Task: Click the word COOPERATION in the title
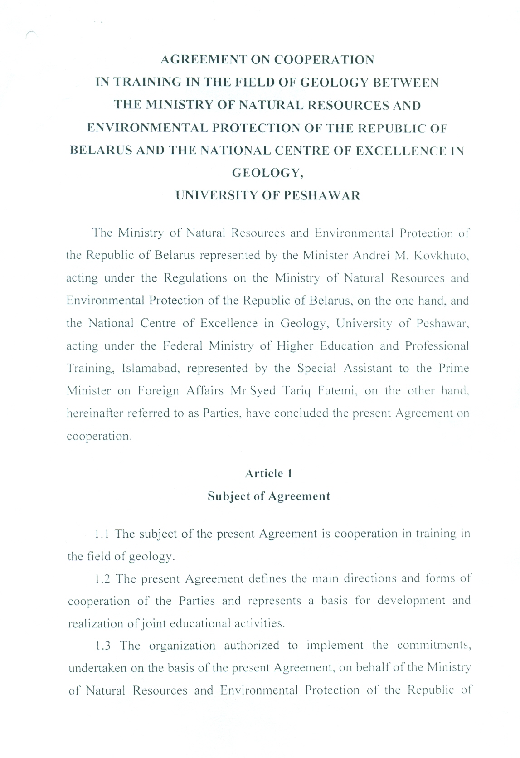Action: (324, 60)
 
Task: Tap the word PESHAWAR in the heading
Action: (322, 196)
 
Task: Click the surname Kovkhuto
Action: (441, 255)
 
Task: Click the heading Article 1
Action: (268, 474)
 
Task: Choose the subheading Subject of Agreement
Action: (269, 496)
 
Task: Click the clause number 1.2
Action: (102, 579)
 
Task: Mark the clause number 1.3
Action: (103, 646)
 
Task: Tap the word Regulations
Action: (195, 278)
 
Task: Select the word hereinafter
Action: (93, 413)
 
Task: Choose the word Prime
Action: (453, 368)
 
